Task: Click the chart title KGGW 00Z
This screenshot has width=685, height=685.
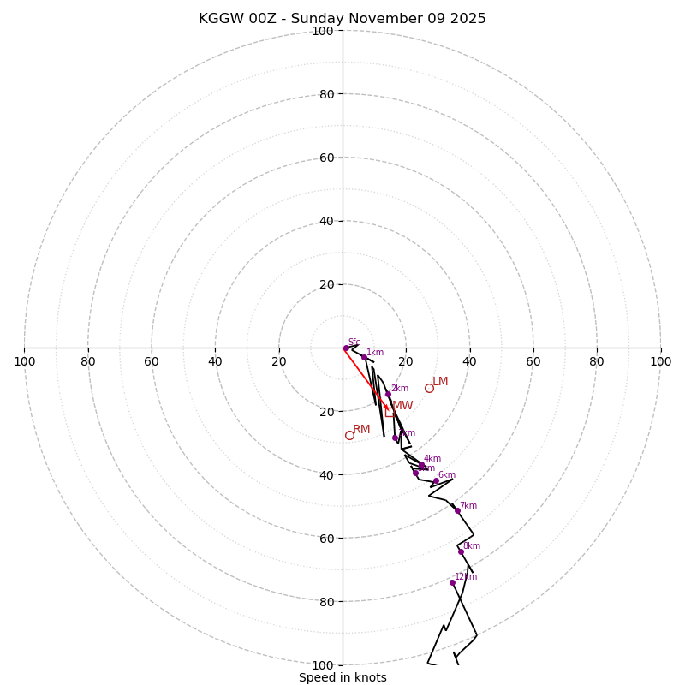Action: coord(342,19)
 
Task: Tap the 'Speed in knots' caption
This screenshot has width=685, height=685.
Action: coord(342,677)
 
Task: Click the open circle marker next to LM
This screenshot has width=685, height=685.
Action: coord(429,388)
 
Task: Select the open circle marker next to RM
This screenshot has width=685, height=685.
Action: coord(349,435)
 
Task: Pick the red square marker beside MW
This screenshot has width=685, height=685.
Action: coord(390,412)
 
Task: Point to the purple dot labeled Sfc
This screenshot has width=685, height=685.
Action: coord(346,348)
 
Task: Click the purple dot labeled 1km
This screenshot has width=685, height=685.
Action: coord(364,357)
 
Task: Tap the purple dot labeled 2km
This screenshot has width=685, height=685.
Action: coord(388,394)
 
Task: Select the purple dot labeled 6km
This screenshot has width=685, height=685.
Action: coord(436,480)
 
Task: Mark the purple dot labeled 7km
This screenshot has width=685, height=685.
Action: coord(457,510)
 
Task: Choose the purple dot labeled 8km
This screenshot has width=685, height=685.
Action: coord(461,551)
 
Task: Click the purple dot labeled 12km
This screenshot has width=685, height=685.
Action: coord(452,582)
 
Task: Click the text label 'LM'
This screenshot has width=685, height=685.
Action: coord(440,382)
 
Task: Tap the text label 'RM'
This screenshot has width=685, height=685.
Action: coord(361,430)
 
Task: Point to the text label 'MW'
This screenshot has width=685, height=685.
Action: coord(402,406)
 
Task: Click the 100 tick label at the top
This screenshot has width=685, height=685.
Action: coord(323,31)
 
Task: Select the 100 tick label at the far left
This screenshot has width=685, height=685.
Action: coord(24,362)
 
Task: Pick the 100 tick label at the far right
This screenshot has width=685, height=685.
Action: coord(660,362)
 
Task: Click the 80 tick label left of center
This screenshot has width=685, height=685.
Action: coord(88,362)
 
